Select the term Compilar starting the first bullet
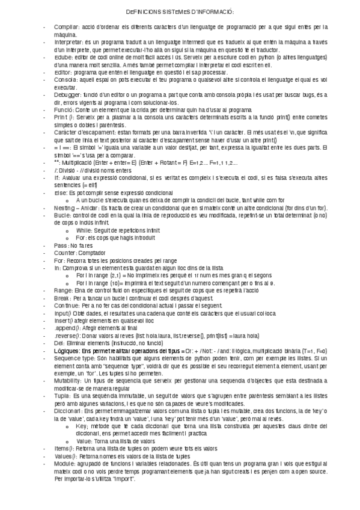coord(64,28)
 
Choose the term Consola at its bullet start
coord(64,80)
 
